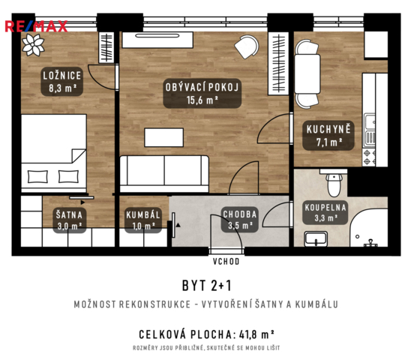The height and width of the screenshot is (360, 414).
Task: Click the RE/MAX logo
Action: [x=36, y=26]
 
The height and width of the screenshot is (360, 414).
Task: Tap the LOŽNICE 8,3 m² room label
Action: [x=62, y=82]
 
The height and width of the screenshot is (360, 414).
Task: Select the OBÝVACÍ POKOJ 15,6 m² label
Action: [x=202, y=94]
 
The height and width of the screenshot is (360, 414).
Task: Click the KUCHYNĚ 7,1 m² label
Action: [x=328, y=136]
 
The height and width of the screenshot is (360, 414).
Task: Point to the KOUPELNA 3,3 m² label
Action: [x=325, y=212]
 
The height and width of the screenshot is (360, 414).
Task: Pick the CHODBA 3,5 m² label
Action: [x=239, y=220]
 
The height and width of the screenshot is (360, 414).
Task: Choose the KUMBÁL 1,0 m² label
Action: [x=143, y=220]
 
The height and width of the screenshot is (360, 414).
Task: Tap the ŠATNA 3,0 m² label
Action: [x=70, y=220]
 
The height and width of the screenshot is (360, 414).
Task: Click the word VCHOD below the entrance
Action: [x=226, y=262]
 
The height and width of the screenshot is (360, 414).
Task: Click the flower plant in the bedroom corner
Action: [x=33, y=45]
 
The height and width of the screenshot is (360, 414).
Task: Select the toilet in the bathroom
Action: [x=334, y=184]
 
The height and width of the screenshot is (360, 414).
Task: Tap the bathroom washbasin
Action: [x=316, y=239]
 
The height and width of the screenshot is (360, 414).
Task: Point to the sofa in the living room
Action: [x=164, y=174]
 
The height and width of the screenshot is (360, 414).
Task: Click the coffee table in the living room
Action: [x=164, y=137]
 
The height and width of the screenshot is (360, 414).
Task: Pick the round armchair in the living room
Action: [x=247, y=46]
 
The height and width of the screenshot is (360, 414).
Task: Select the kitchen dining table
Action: [x=307, y=74]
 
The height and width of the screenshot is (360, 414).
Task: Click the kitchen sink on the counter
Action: [x=370, y=130]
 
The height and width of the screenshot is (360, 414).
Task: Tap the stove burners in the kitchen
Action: [x=369, y=157]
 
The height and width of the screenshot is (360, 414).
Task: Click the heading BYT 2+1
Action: [x=207, y=286]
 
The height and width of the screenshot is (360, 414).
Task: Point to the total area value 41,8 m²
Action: [x=256, y=334]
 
